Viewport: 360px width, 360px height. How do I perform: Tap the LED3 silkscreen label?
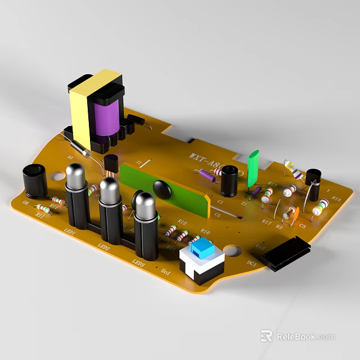coord(138,262)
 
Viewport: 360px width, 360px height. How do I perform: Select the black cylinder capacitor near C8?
coord(35,180)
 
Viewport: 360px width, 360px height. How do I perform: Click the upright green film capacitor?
coord(252,169)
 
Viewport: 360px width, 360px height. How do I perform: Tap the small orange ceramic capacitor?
coord(292,213)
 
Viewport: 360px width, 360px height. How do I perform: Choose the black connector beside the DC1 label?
coord(287,253)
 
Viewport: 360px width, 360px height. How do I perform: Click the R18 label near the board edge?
coord(336,199)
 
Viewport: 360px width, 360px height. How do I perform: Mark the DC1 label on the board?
coord(251,263)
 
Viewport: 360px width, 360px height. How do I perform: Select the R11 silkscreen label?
coord(39,214)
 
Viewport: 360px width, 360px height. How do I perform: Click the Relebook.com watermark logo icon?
coord(266,336)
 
